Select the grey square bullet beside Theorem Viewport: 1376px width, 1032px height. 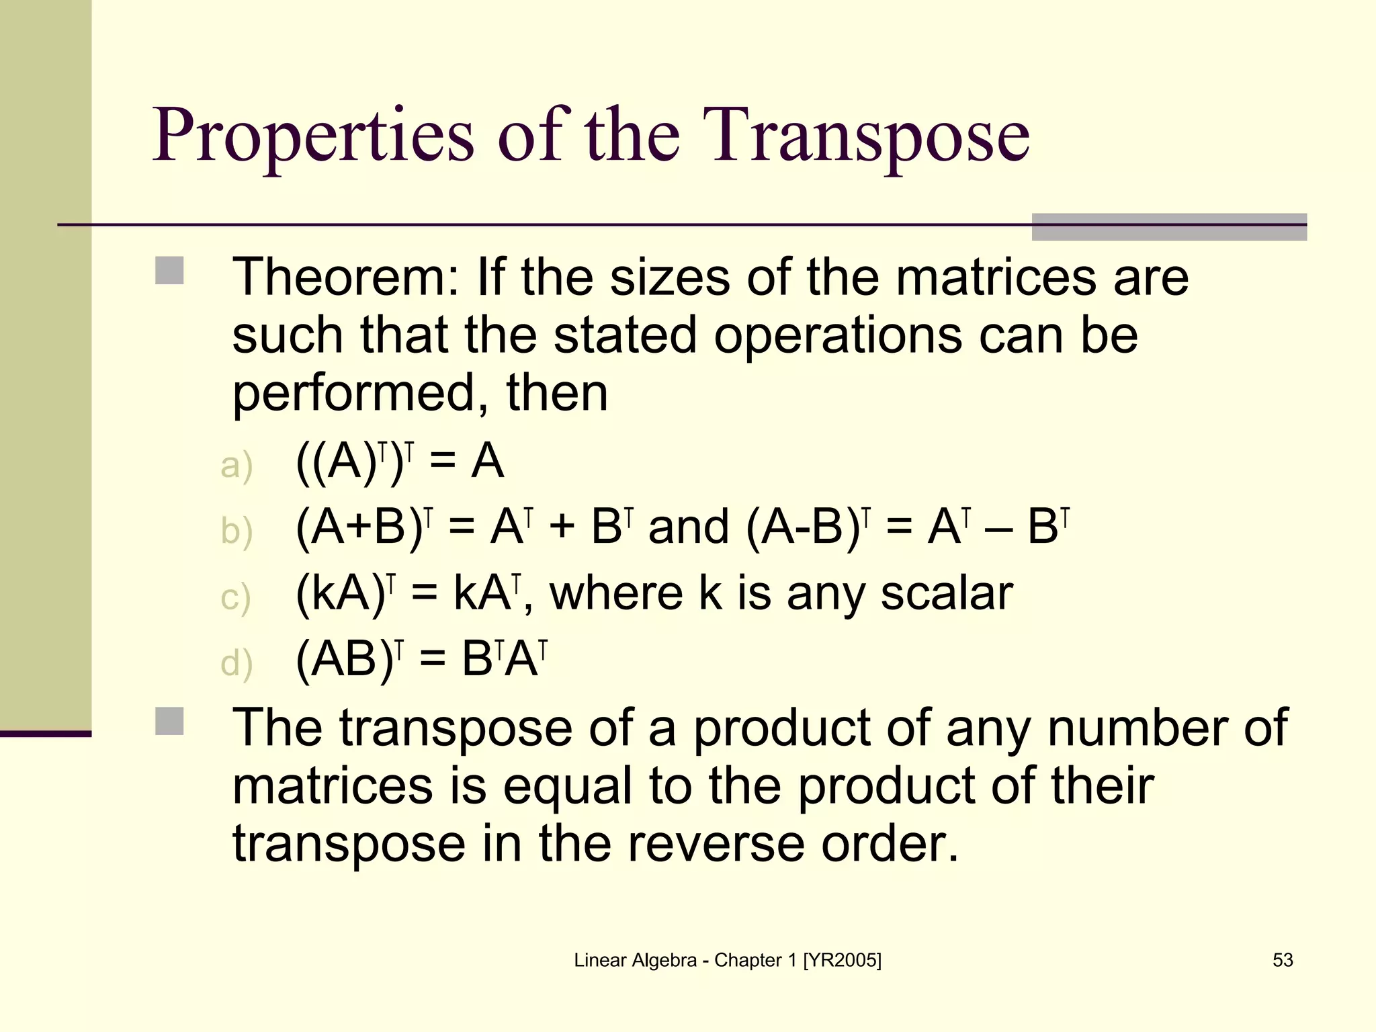[x=169, y=271]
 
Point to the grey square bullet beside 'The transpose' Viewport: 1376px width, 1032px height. [x=169, y=721]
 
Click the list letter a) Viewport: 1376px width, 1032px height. [x=236, y=466]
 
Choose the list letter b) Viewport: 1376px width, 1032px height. [x=236, y=531]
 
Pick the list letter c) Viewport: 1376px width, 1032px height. [x=236, y=597]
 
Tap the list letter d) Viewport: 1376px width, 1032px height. [x=236, y=663]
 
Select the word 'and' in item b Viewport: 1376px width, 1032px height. [x=689, y=527]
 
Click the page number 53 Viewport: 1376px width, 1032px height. [x=1283, y=960]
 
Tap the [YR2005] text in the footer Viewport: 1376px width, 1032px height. [x=842, y=960]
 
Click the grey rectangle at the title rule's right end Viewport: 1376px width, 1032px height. [x=1169, y=227]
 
